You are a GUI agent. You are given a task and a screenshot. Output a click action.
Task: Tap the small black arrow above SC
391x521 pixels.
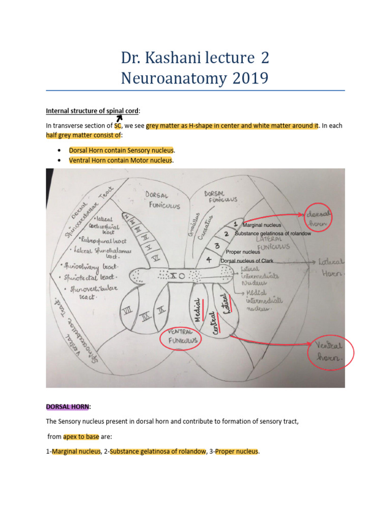coord(119,119)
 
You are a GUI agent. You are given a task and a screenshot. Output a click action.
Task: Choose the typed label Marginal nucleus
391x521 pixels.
coord(262,225)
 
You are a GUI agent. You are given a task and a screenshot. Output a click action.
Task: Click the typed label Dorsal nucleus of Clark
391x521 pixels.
coord(247,261)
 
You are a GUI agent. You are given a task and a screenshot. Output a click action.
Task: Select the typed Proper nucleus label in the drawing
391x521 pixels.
coord(243,252)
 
